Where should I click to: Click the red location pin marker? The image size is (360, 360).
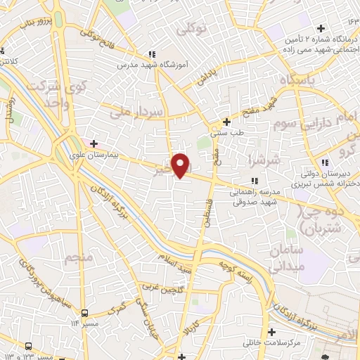click(181, 165)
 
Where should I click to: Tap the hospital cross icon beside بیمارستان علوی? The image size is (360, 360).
click(94, 143)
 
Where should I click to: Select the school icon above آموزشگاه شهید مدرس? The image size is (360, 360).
click(151, 54)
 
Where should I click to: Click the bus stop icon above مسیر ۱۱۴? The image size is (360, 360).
click(85, 313)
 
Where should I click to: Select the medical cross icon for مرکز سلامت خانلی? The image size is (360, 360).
click(271, 332)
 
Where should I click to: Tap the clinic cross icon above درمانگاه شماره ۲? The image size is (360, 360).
click(321, 29)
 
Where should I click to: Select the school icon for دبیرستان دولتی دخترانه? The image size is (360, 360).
click(315, 162)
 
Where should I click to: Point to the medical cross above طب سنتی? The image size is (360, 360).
click(226, 121)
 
